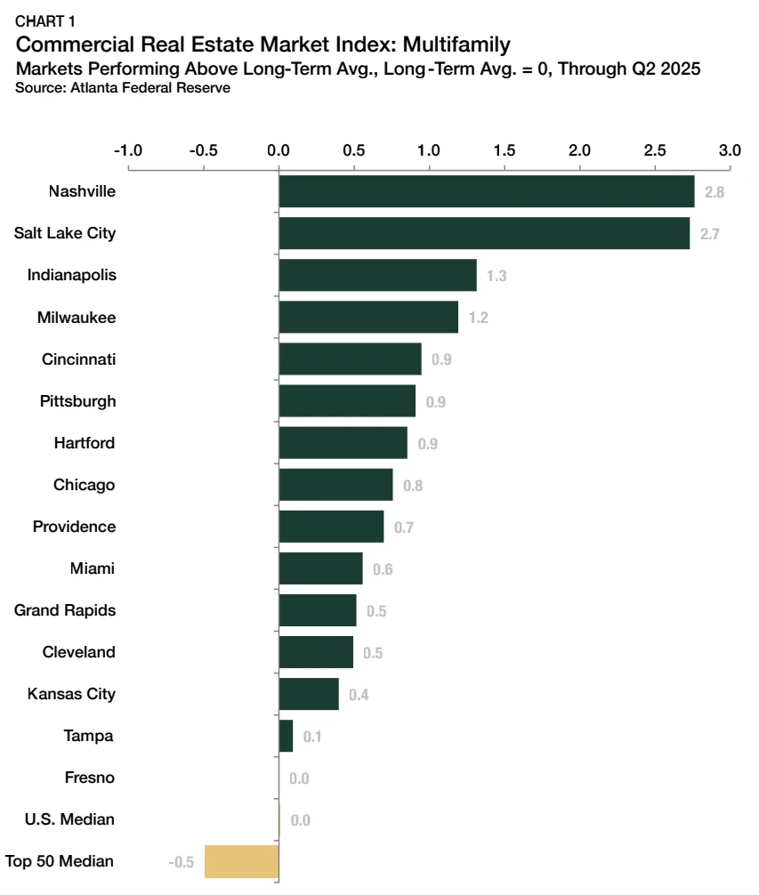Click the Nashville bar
tap(486, 191)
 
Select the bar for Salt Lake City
tap(484, 233)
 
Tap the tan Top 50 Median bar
tap(242, 861)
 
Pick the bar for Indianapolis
tap(377, 275)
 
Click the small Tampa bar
tap(286, 736)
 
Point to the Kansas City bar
tap(309, 694)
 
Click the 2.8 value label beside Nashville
tap(714, 192)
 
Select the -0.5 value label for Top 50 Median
tap(182, 862)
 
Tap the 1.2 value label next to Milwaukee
tap(478, 318)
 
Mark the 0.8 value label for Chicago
tap(413, 486)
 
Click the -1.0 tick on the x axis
tap(128, 150)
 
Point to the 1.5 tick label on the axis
tap(505, 150)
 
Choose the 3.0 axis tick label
tap(730, 150)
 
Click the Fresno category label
tap(90, 778)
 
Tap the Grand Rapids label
tap(65, 610)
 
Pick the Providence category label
tap(74, 527)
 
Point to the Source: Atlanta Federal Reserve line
tap(123, 87)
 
